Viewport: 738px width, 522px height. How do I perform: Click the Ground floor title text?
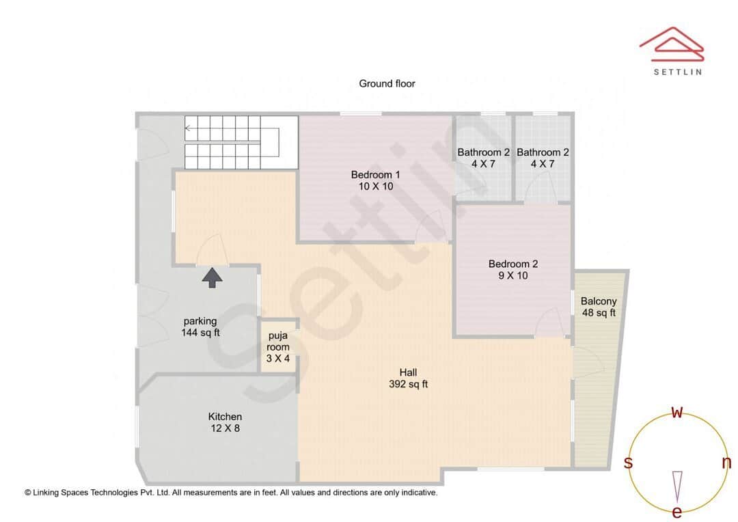coord(387,83)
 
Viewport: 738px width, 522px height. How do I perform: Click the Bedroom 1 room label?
coord(375,174)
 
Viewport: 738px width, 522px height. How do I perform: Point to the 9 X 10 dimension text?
coord(512,275)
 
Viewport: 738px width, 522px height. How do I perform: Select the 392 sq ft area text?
coord(408,384)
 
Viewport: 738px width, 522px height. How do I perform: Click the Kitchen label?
coord(225,417)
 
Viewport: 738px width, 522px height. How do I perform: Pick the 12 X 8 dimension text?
coord(225,428)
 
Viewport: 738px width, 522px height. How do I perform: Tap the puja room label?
coord(277,341)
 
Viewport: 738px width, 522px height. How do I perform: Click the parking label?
coord(200,321)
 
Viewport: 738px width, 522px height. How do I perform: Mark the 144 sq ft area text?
coord(200,333)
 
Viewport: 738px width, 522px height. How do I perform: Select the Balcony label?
coord(599,301)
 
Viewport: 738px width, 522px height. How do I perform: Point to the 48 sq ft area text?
coord(599,313)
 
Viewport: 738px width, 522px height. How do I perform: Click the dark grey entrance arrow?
coord(213,277)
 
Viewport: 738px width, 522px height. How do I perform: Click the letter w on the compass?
coord(677,412)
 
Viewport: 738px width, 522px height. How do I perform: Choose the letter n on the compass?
coord(726,463)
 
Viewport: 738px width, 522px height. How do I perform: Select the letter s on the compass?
coord(628,463)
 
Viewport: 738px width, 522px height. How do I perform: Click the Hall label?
coord(408,372)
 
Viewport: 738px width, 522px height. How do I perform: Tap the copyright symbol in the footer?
coord(28,492)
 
